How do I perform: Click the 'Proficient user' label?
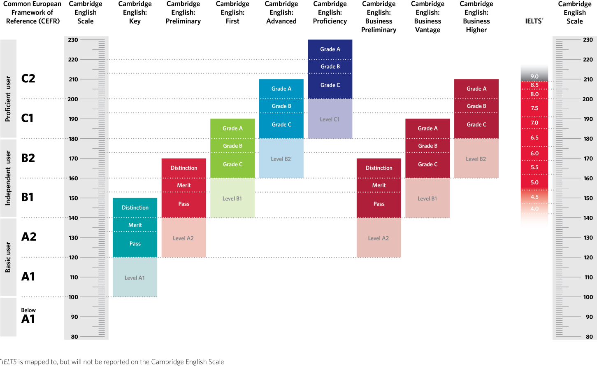pos(8,99)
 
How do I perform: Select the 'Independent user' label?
pos(8,178)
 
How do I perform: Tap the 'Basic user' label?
pos(8,257)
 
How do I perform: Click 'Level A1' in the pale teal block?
pos(135,278)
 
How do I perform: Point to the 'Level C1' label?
pos(330,119)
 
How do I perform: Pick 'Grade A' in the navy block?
pos(330,49)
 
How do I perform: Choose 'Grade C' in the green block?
pos(232,164)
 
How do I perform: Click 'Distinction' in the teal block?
pos(135,207)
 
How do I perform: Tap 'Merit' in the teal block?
pos(135,225)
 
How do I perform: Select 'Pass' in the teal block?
pos(135,244)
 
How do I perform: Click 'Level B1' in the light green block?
pos(232,198)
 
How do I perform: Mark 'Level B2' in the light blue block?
pos(281,159)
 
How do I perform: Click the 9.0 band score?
pos(534,77)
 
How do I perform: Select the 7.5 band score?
pos(534,108)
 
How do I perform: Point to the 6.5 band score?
pos(534,138)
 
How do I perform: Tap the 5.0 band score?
pos(534,182)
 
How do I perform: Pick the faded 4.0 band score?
pos(534,209)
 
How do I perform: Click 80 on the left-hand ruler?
pos(74,337)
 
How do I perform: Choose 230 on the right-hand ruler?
pos(588,40)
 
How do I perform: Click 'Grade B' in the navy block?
pos(330,67)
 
